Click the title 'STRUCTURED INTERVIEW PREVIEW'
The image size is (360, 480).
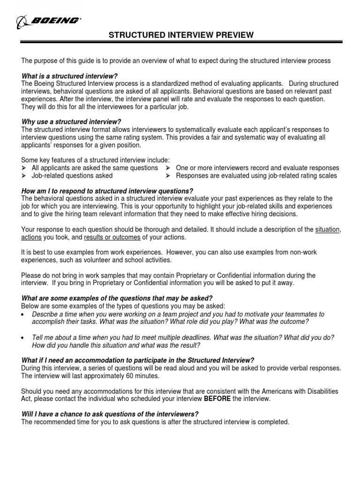coord(182,35)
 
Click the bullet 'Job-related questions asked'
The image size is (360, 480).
coord(72,175)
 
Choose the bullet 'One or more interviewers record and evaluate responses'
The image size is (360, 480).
coord(257,168)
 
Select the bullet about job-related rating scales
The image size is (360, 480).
coord(256,175)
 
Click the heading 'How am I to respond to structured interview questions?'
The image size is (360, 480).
coord(107,191)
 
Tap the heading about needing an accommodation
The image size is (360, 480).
coord(138,360)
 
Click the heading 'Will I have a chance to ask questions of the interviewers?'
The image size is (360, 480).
coord(110,414)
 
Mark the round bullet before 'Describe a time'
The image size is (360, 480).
coord(24,314)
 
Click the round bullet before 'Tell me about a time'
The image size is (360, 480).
coord(24,337)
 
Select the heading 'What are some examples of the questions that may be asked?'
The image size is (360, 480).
coord(117,298)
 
